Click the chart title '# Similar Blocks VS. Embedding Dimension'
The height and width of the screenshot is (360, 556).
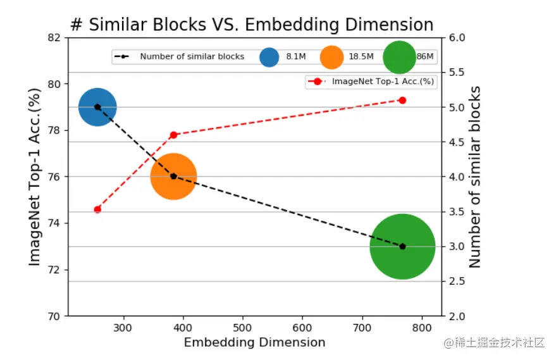(x=252, y=25)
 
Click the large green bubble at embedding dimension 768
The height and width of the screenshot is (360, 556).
(x=402, y=247)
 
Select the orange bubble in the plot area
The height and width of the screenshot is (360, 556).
(x=173, y=177)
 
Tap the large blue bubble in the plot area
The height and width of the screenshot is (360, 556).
(x=97, y=107)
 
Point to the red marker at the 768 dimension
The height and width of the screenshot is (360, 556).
(x=402, y=100)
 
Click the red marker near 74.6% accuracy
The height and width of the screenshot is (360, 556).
(x=97, y=209)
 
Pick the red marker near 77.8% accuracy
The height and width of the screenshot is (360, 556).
(x=173, y=135)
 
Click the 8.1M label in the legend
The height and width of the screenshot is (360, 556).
(x=296, y=57)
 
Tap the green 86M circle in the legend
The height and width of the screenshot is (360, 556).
(x=400, y=57)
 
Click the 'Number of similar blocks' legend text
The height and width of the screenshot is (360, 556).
(x=192, y=57)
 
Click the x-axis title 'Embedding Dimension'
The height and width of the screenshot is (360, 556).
(x=254, y=343)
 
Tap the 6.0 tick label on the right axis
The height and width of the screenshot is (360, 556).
(x=459, y=37)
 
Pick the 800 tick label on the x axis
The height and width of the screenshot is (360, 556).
(x=422, y=327)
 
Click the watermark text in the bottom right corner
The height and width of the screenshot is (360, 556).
(x=494, y=342)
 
